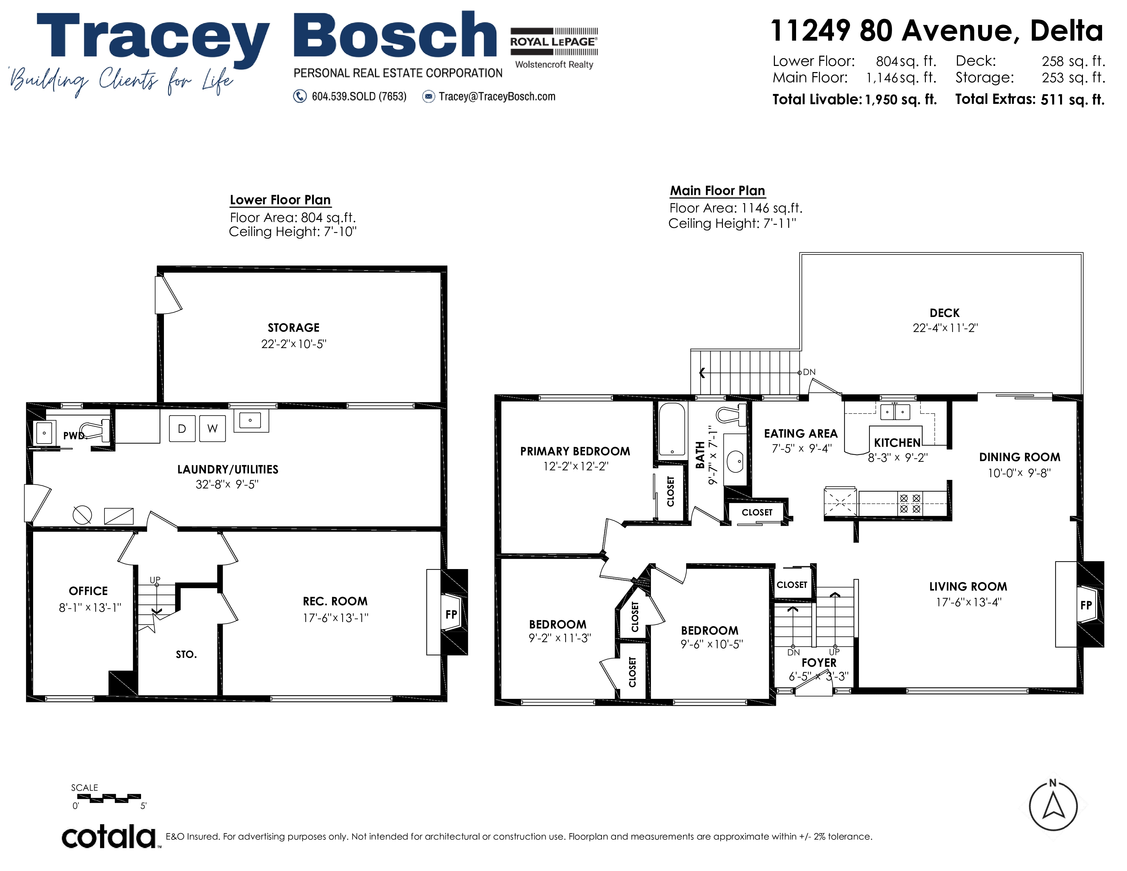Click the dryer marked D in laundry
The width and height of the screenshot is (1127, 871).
click(182, 428)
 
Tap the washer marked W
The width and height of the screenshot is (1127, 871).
click(213, 428)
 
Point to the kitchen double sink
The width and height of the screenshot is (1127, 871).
click(895, 411)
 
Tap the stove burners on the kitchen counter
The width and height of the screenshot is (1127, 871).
click(910, 503)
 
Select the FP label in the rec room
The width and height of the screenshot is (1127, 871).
click(451, 614)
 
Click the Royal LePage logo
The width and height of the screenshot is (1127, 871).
click(554, 48)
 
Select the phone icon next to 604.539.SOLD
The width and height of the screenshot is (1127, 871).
click(300, 96)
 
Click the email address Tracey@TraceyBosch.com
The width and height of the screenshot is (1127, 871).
click(497, 96)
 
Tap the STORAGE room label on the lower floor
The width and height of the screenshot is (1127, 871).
click(294, 328)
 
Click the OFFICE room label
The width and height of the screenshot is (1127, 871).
click(88, 591)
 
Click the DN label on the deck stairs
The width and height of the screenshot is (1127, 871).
click(809, 372)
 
